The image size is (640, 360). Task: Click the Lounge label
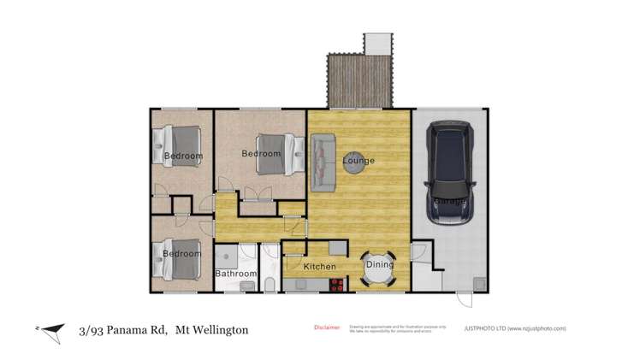tap(359, 161)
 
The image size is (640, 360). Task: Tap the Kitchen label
tap(320, 267)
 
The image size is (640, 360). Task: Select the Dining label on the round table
tap(380, 264)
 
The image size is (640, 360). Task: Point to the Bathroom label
tap(235, 274)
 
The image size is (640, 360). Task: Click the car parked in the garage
tap(451, 171)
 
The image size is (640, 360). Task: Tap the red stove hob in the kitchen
tap(335, 286)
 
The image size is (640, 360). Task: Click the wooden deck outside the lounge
tap(359, 82)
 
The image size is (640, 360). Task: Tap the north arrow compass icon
tap(52, 329)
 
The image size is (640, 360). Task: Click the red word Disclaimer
tap(327, 327)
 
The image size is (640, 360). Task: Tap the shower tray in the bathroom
tap(226, 256)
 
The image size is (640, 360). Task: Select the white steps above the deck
tap(377, 43)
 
